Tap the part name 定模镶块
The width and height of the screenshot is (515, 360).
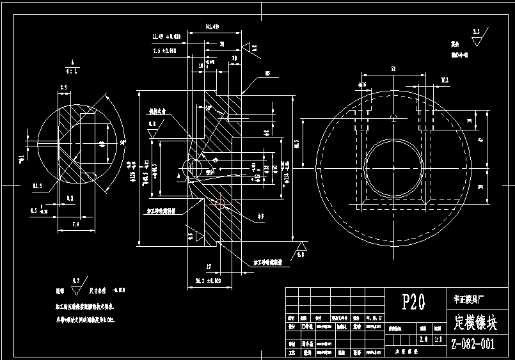[x=473, y=320]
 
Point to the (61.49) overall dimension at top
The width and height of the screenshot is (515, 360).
[x=212, y=26]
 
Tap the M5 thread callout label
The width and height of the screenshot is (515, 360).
[x=267, y=74]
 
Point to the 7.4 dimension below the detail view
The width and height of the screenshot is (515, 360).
[x=75, y=224]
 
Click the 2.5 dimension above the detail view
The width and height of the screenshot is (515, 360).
[x=63, y=87]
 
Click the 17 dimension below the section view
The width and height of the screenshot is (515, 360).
[x=209, y=266]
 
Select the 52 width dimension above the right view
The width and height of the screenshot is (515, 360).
[x=393, y=68]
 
